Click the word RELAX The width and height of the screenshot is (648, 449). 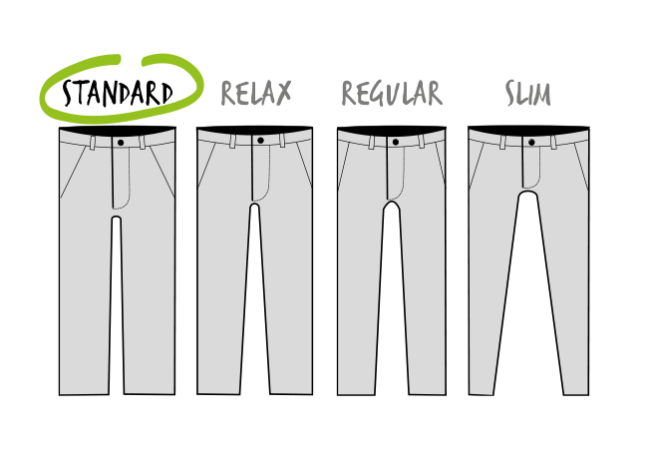point(255,94)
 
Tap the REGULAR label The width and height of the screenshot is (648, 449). point(391,94)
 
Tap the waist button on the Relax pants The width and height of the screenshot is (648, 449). point(259,141)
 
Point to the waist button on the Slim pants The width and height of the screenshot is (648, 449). point(531,142)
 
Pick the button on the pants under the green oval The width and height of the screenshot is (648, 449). point(120,142)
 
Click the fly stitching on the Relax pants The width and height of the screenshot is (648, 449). point(267,175)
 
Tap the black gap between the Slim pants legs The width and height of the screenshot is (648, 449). point(529,299)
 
